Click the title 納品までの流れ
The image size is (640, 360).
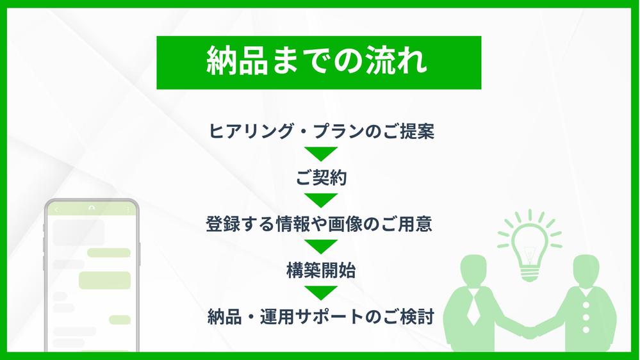318,62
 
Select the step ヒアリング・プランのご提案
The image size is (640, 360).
322,131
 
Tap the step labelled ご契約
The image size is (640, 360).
321,178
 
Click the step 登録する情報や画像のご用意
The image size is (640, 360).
320,225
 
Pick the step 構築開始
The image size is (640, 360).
321,271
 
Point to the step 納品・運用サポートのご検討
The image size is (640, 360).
322,316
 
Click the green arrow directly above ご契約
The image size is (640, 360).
321,154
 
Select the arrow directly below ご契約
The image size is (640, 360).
321,200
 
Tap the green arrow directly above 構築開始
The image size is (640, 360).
321,247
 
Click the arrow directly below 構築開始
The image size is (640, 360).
321,293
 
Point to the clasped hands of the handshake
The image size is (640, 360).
529,332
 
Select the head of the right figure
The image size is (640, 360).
589,269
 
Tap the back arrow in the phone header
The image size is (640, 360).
56,209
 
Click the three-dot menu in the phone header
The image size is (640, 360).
128,209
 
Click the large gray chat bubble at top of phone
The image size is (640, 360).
79,232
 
